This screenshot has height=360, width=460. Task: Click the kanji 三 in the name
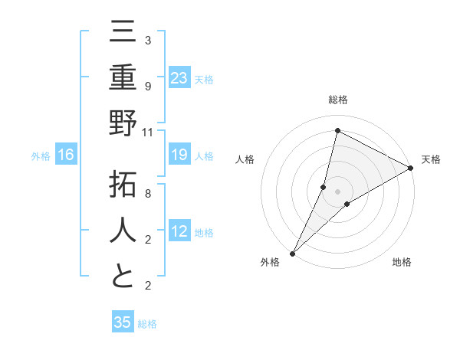point(123,34)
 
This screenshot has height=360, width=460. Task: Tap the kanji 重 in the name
point(123,78)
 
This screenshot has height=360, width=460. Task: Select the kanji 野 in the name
point(123,124)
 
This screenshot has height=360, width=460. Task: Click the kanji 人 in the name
point(123,231)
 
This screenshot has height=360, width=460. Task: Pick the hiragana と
point(123,277)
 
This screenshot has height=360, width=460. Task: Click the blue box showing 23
point(179,78)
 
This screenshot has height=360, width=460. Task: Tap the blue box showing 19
point(179,155)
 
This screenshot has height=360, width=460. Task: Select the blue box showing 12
point(179,232)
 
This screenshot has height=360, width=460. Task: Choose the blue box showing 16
point(66,155)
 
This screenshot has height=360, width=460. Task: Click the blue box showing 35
point(123,322)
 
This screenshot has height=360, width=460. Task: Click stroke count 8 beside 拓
point(147,194)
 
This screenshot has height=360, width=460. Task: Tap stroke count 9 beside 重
point(147,86)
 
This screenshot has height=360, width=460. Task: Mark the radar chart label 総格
point(337,100)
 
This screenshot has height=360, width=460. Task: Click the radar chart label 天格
point(431,159)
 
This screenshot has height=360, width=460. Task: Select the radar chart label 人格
point(245,159)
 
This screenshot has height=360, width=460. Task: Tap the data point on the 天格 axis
point(411,168)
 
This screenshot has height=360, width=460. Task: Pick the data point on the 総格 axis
point(337,130)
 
